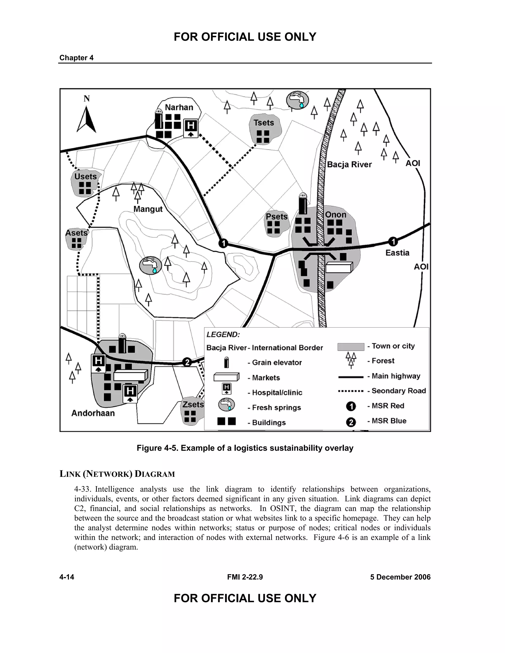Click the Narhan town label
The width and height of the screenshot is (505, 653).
[179, 107]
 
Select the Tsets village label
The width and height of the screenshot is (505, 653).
[264, 123]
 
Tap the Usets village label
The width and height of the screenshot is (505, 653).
[86, 176]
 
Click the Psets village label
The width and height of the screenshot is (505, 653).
[276, 216]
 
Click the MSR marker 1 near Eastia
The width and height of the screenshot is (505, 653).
[393, 241]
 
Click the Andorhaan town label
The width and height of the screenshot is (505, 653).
[93, 413]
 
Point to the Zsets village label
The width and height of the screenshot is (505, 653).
[193, 405]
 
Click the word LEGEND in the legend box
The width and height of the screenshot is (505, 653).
[223, 335]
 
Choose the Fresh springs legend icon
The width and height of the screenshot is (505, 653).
[226, 405]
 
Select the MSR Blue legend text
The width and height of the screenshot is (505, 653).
[389, 421]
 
